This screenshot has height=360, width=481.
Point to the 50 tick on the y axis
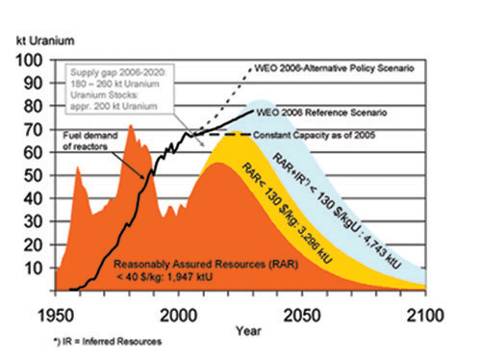point(33,174)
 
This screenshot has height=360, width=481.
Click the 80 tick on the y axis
point(33,106)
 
